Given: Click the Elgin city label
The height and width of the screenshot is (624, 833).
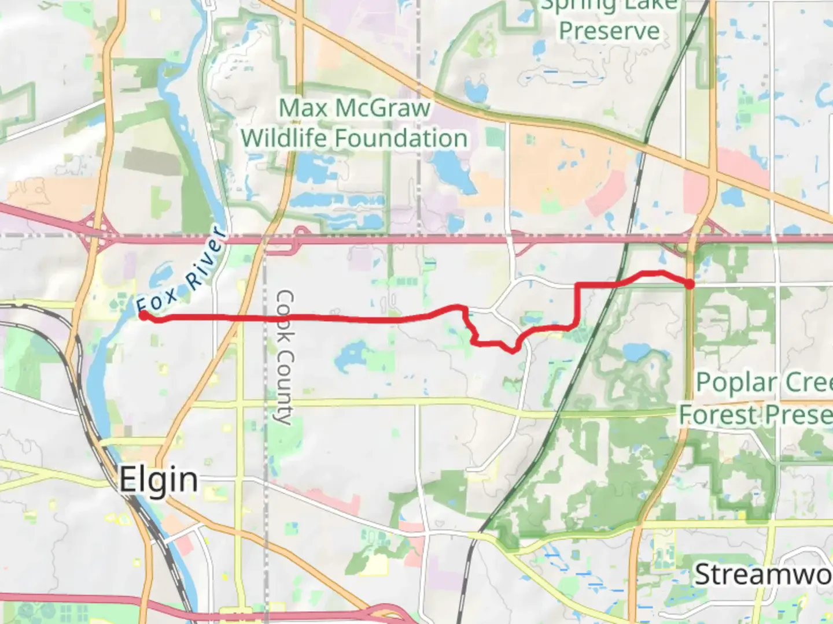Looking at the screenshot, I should [158, 480].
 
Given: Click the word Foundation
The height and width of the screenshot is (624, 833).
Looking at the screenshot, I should [401, 139].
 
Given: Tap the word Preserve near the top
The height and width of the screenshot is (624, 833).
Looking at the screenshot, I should [609, 30].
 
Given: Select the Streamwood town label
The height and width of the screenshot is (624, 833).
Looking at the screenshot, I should [762, 574].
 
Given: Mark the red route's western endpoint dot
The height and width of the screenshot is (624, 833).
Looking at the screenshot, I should [143, 315].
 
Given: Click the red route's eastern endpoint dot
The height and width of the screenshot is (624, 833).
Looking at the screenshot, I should [690, 284].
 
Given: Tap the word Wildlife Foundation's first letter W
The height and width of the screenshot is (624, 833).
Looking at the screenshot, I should [253, 139].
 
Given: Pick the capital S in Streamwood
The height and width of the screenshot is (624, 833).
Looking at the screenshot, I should [702, 574].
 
